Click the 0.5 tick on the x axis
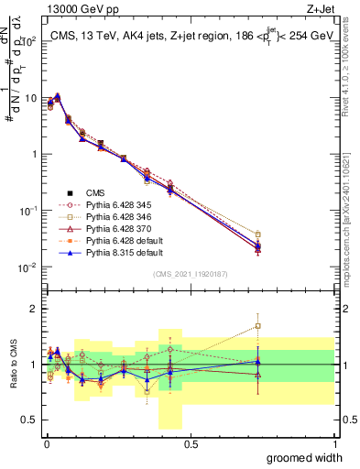(x=191, y=444)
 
